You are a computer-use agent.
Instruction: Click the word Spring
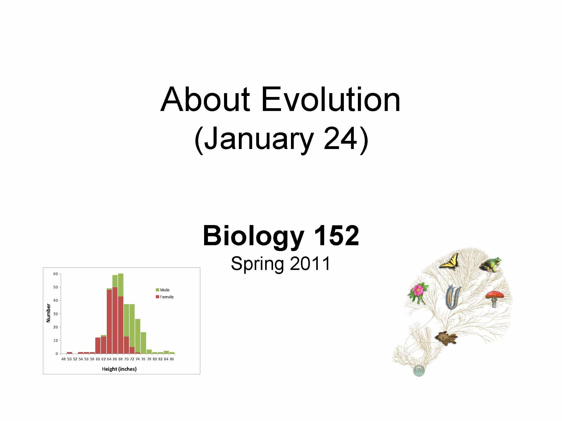pos(257,264)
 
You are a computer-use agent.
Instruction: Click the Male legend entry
pos(165,290)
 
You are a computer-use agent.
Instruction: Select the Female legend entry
pos(166,297)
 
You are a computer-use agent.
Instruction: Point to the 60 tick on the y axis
pos(55,274)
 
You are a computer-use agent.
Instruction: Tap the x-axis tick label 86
pos(172,359)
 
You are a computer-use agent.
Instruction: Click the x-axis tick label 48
pos(64,359)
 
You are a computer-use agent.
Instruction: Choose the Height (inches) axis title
pos(119,369)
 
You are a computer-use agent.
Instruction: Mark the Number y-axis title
pos(48,313)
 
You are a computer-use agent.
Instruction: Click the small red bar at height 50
pos(69,353)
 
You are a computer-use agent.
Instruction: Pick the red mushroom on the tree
pos(495,298)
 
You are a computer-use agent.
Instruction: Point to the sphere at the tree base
pos(418,378)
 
